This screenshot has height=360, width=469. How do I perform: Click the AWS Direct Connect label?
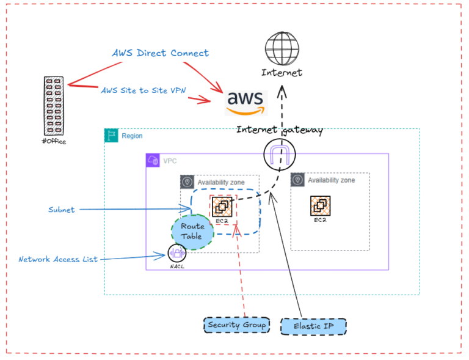[160, 53]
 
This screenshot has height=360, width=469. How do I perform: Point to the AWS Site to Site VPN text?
[144, 90]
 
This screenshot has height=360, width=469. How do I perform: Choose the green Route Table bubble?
[192, 231]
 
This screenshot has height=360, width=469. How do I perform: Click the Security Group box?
[237, 325]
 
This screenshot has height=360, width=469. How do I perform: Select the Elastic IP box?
[313, 326]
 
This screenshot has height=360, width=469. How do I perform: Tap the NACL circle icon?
[177, 253]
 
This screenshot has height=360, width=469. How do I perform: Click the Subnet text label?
[62, 210]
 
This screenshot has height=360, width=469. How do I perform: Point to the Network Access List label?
[57, 259]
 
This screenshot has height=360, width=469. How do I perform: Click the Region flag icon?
[111, 136]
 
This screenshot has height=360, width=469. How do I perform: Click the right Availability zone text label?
[331, 180]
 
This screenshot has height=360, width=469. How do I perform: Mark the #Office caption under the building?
[54, 141]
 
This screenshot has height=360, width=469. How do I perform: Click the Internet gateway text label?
[279, 130]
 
